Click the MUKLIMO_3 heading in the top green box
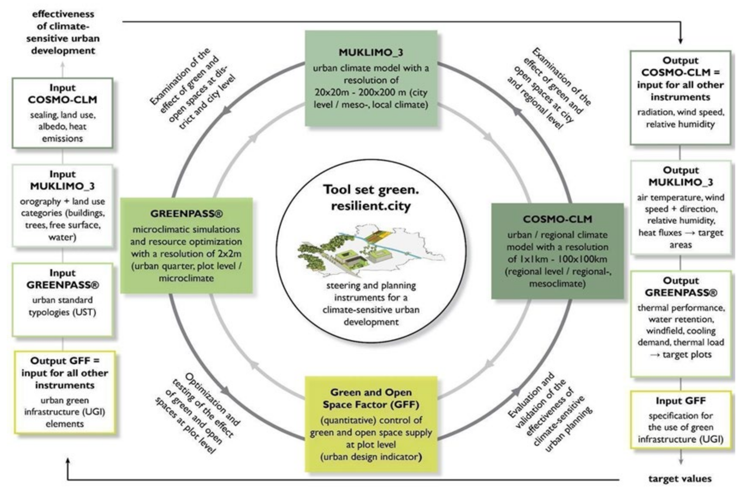pyautogui.click(x=371, y=53)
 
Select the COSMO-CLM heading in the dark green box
pyautogui.click(x=557, y=219)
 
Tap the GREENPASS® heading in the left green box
pyautogui.click(x=186, y=214)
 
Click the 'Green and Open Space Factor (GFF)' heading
pyautogui.click(x=371, y=398)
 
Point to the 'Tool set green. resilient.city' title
pyautogui.click(x=371, y=197)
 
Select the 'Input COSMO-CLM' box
pyautogui.click(x=62, y=113)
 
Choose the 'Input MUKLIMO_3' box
pyautogui.click(x=62, y=205)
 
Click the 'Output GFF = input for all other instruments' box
pyautogui.click(x=64, y=392)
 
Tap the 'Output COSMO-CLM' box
pyautogui.click(x=680, y=97)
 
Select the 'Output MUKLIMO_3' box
pyautogui.click(x=680, y=207)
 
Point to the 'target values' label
pyautogui.click(x=680, y=479)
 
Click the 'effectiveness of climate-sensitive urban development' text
pyautogui.click(x=63, y=32)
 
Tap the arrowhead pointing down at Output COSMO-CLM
pyautogui.click(x=680, y=41)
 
